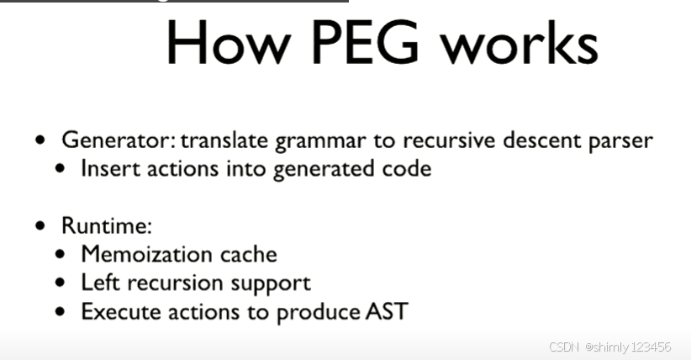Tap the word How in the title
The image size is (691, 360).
coord(214,43)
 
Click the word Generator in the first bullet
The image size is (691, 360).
coord(117,140)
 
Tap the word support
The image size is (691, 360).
coord(272,283)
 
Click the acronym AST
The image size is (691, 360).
coord(387,311)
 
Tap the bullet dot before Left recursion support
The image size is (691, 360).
coord(61,283)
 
